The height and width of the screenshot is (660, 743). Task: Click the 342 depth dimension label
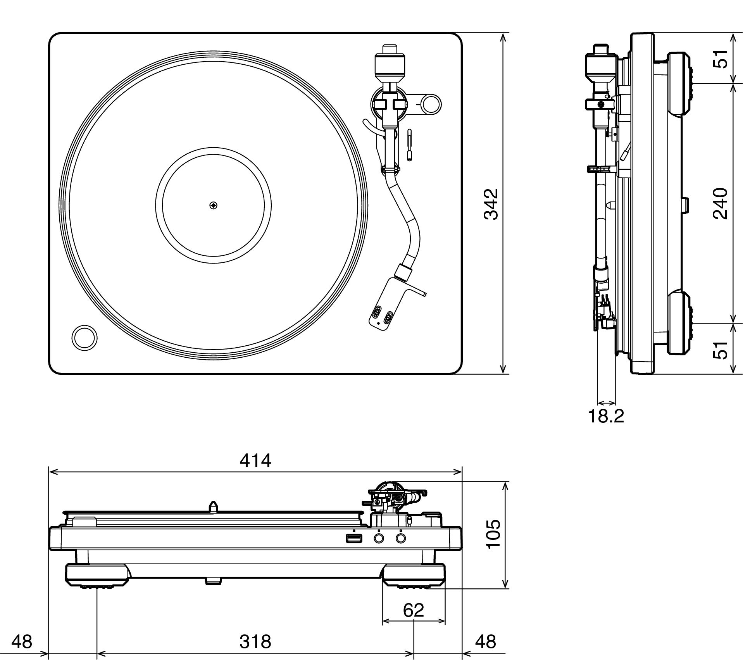tap(491, 204)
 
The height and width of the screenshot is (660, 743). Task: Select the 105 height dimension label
tap(493, 534)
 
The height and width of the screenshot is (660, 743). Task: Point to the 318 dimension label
tap(255, 642)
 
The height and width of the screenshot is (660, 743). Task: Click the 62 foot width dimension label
tap(414, 610)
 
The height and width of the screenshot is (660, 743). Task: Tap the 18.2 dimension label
tap(606, 416)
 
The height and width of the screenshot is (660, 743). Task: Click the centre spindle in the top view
tap(214, 205)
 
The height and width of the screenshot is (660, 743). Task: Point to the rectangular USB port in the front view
tap(354, 538)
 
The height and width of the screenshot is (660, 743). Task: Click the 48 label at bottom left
tap(22, 642)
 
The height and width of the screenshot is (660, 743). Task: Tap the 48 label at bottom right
tap(485, 642)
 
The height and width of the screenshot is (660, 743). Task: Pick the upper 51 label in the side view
tap(721, 59)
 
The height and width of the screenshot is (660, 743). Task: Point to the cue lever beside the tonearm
tap(410, 145)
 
